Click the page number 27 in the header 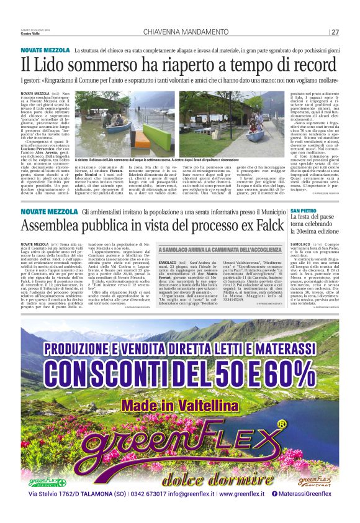coord(335,32)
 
